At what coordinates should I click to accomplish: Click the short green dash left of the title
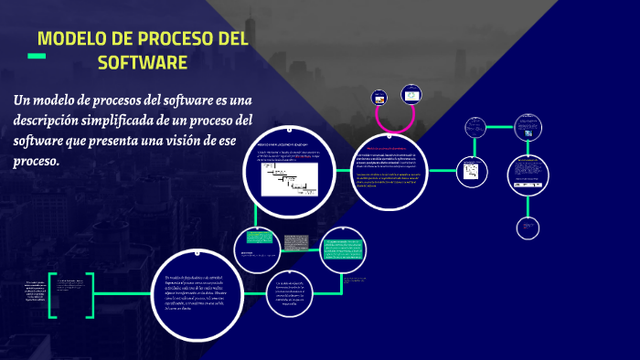click(x=37, y=57)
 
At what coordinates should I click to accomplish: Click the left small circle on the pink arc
click(x=380, y=98)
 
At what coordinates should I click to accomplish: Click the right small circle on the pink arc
click(x=411, y=94)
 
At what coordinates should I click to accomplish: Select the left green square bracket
click(x=52, y=295)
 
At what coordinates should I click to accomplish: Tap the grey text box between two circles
click(x=295, y=243)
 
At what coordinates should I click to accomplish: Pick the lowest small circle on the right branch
click(x=529, y=228)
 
